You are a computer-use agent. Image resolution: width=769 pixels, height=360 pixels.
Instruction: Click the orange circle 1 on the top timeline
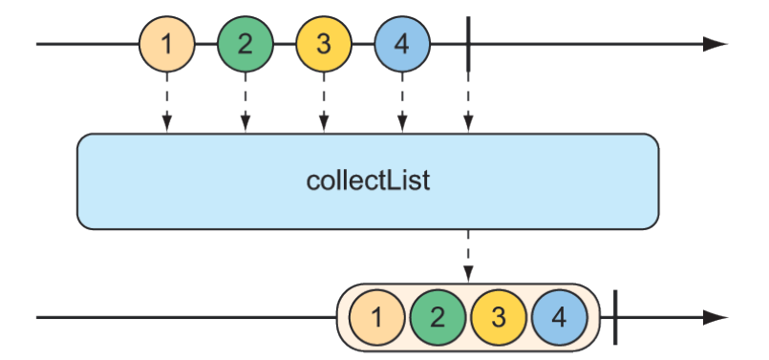(x=167, y=44)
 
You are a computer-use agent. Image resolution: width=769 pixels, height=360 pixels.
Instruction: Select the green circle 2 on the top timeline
(x=246, y=44)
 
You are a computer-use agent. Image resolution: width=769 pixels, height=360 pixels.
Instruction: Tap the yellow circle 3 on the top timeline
(x=324, y=44)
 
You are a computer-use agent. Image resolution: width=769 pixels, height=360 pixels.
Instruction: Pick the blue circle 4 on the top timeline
(x=402, y=44)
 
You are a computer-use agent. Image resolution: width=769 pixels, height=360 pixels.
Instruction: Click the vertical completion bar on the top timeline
(x=468, y=44)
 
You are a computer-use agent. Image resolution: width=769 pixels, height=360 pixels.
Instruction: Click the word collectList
(x=368, y=180)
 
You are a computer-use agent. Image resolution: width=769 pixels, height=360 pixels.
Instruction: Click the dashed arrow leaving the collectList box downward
(x=468, y=255)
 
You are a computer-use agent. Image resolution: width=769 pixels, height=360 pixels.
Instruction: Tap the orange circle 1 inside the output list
(x=376, y=317)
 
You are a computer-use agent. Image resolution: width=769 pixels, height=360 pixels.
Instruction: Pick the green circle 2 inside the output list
(x=438, y=317)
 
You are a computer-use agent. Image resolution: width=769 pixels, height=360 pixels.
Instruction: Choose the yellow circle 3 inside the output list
(x=499, y=317)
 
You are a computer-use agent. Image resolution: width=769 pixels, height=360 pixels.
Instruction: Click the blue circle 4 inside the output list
(x=560, y=317)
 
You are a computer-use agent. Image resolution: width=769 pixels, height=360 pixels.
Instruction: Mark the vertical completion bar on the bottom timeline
(x=616, y=317)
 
